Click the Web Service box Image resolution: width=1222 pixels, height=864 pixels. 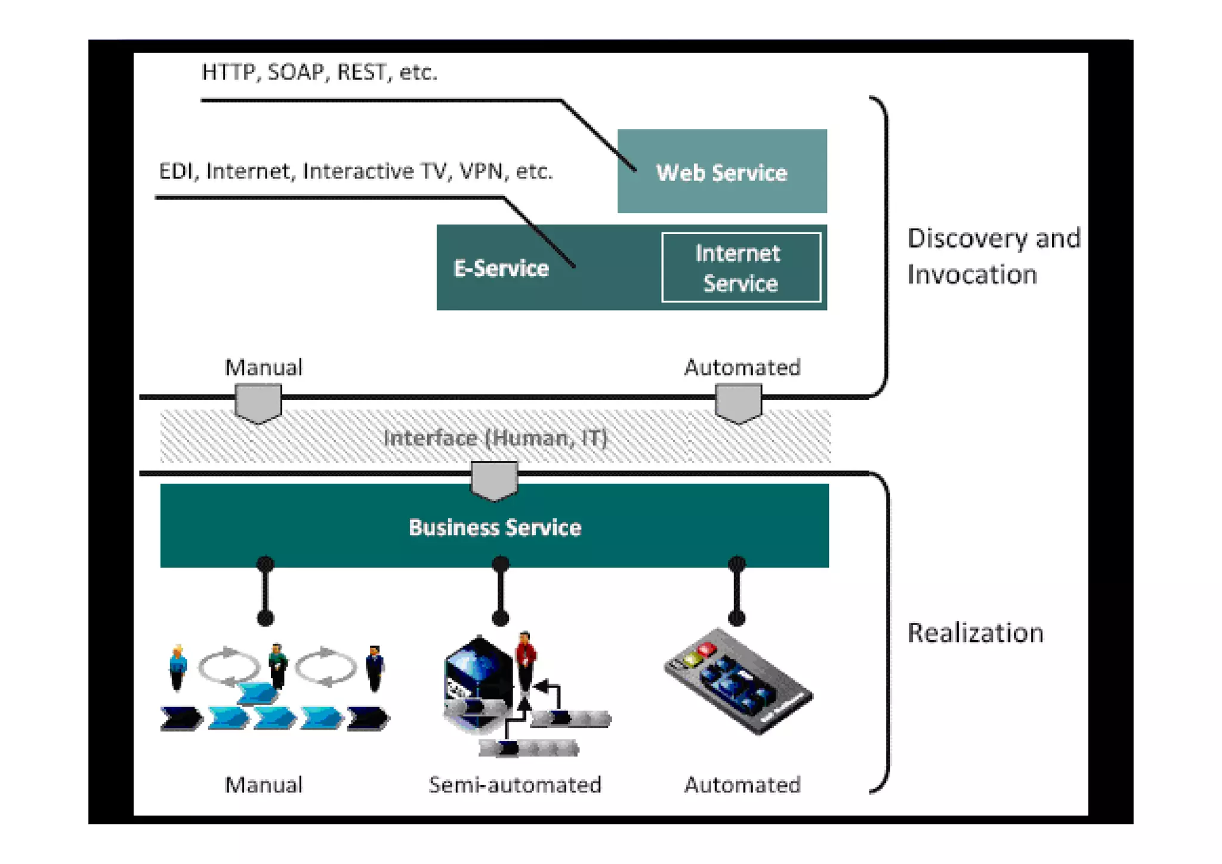721,171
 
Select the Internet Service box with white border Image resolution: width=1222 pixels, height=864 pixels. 740,267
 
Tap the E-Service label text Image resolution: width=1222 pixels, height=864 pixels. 501,268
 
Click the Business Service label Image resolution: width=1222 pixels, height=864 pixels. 495,527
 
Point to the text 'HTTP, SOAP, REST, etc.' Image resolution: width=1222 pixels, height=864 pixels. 319,72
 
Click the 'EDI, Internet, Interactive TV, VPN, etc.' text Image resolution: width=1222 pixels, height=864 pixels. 356,171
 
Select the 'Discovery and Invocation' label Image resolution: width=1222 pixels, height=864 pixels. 993,256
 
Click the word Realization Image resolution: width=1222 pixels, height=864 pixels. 975,632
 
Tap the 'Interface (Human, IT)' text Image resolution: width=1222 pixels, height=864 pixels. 495,438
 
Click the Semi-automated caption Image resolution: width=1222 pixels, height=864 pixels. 514,785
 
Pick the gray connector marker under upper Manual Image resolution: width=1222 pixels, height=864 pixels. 258,403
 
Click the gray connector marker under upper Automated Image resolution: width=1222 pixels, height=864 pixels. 738,403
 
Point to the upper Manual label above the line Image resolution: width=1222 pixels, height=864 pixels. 263,367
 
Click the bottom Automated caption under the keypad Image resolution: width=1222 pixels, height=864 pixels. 742,785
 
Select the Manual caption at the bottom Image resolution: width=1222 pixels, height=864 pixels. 263,785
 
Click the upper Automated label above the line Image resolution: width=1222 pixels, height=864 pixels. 742,367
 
